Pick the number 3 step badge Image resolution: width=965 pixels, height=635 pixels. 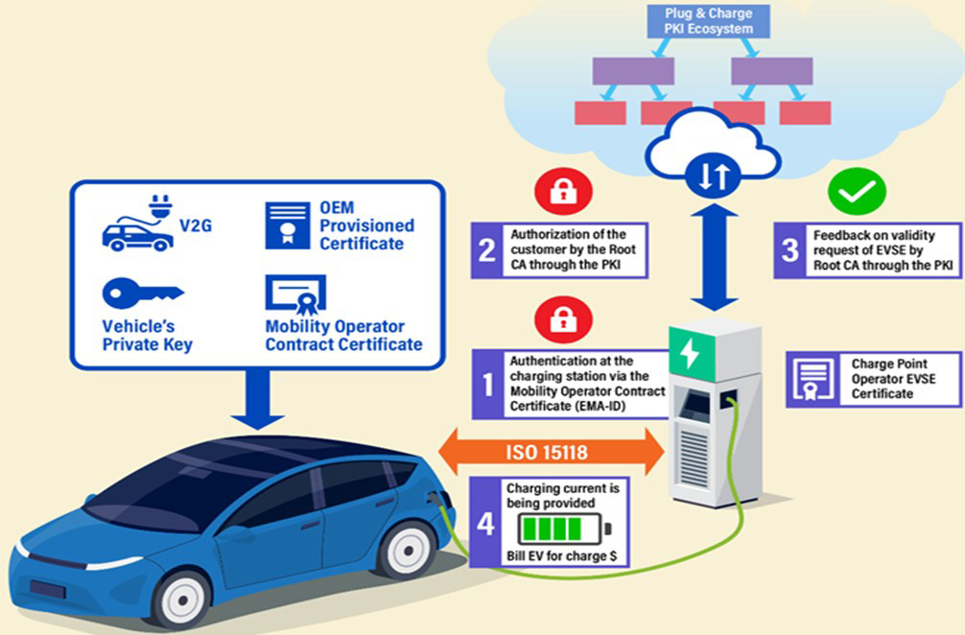(788, 251)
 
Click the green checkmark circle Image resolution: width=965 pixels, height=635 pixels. (857, 192)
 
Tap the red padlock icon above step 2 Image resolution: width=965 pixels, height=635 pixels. (556, 192)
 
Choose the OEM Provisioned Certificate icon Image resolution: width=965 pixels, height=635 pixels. (286, 224)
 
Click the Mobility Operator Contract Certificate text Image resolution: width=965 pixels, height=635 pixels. (343, 335)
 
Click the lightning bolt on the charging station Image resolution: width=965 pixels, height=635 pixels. (691, 353)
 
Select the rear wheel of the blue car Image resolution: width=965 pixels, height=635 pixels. (405, 546)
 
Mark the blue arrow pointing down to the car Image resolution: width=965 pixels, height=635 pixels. (257, 399)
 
